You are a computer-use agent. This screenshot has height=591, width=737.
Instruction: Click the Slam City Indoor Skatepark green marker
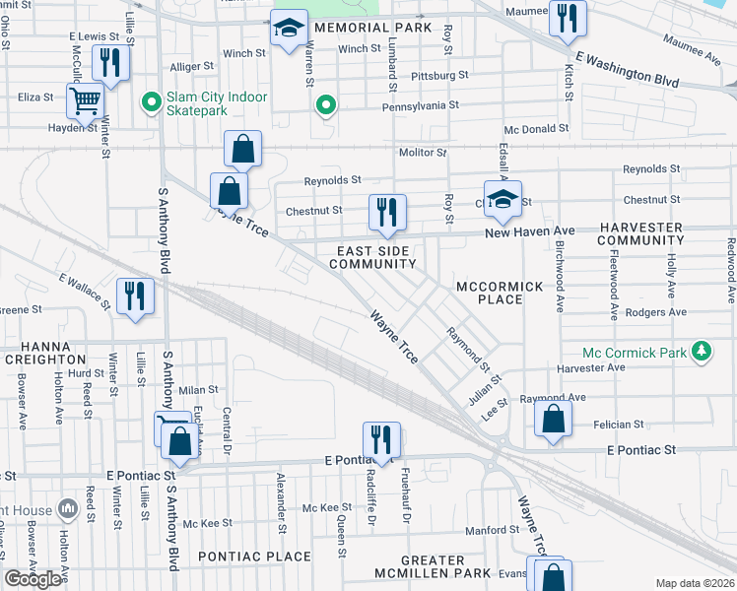pos(152,101)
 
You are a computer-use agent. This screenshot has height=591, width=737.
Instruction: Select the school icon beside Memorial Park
pos(289,33)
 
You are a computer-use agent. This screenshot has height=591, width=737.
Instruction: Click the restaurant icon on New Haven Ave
pos(387,212)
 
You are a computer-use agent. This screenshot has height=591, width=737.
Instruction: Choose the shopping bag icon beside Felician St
pos(554,418)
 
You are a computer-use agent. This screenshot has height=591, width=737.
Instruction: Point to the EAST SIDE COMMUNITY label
pos(372,258)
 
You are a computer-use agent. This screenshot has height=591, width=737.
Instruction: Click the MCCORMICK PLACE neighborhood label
pos(500,292)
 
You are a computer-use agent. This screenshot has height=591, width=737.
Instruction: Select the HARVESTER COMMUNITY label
pos(640,233)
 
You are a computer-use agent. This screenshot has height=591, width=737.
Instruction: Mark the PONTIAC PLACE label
pos(254,557)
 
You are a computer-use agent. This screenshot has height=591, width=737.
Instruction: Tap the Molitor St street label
pos(423,153)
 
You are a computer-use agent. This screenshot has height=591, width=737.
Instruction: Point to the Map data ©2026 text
pos(695,583)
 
